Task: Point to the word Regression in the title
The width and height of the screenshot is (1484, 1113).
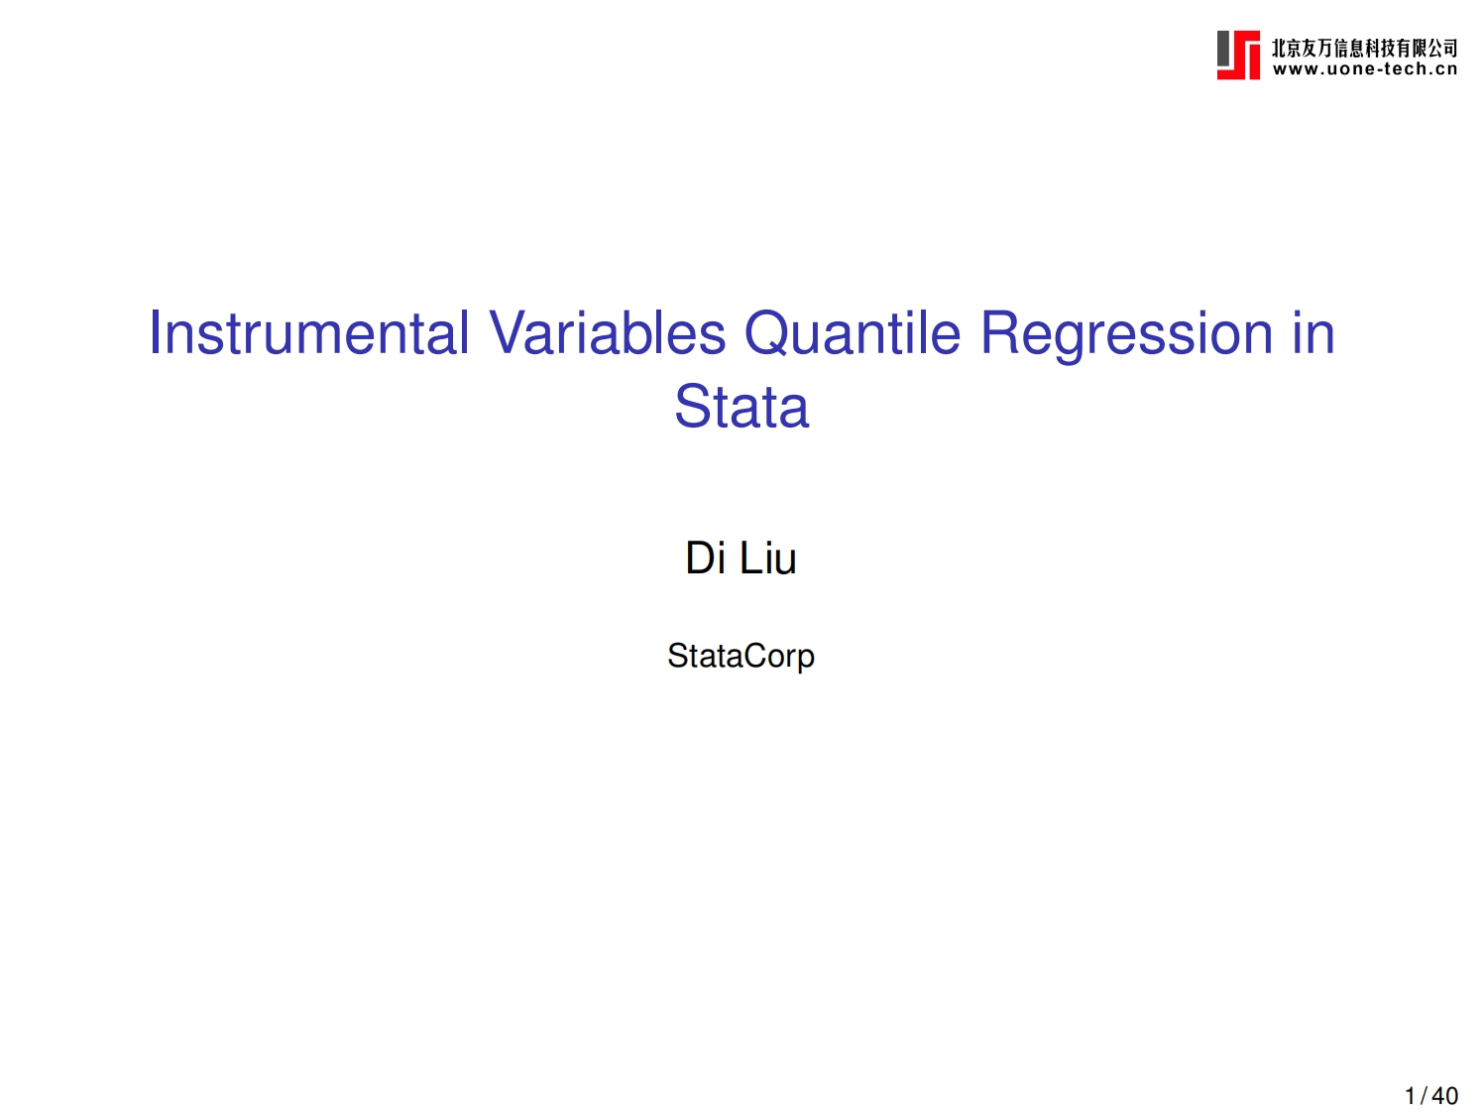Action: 1126,334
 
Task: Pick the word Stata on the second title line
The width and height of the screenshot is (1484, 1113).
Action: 742,407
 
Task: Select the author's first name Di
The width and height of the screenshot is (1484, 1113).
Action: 706,557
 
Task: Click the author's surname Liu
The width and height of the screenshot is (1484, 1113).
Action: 768,557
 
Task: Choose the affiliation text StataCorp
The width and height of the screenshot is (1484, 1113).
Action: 741,656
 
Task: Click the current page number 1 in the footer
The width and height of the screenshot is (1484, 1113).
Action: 1410,1096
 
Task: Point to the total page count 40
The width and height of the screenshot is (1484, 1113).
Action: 1445,1096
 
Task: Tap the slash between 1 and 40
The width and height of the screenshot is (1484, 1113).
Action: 1424,1096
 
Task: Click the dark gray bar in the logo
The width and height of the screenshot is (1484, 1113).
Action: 1224,49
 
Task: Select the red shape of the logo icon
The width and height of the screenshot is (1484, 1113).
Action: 1247,60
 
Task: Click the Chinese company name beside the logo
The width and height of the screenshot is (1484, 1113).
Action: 1364,48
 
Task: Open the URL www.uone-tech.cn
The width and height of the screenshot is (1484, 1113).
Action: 1364,69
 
